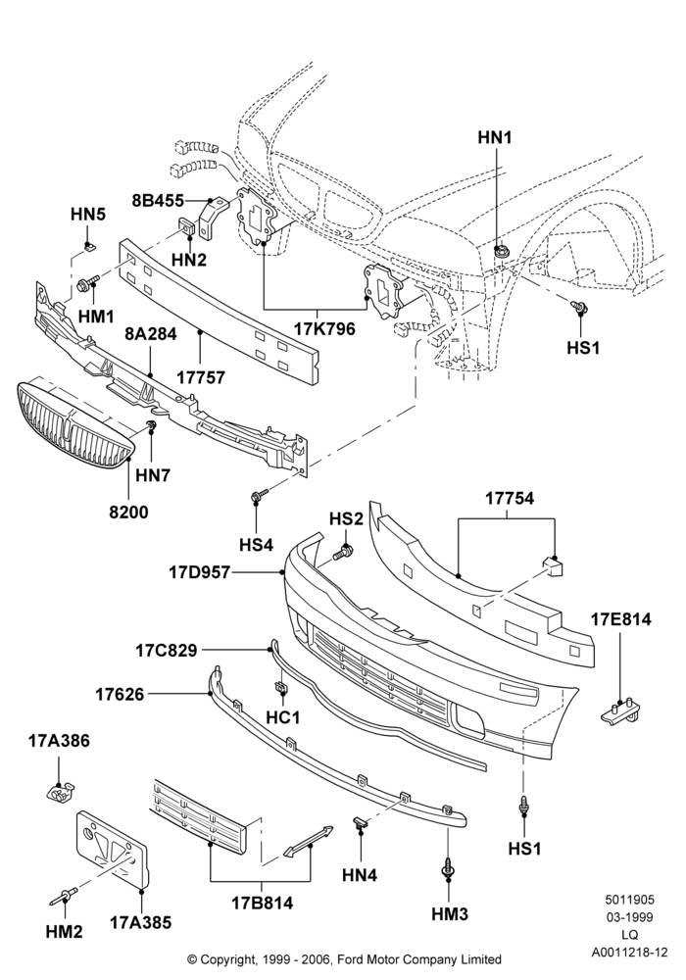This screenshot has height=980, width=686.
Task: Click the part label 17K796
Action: point(325,328)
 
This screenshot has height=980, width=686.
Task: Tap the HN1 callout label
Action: point(495,137)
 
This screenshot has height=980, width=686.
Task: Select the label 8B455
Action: point(158,201)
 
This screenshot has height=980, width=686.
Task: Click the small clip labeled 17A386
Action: point(61,792)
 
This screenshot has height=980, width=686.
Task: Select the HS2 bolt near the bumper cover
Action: point(342,553)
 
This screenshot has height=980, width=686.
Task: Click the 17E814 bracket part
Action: point(622,712)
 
